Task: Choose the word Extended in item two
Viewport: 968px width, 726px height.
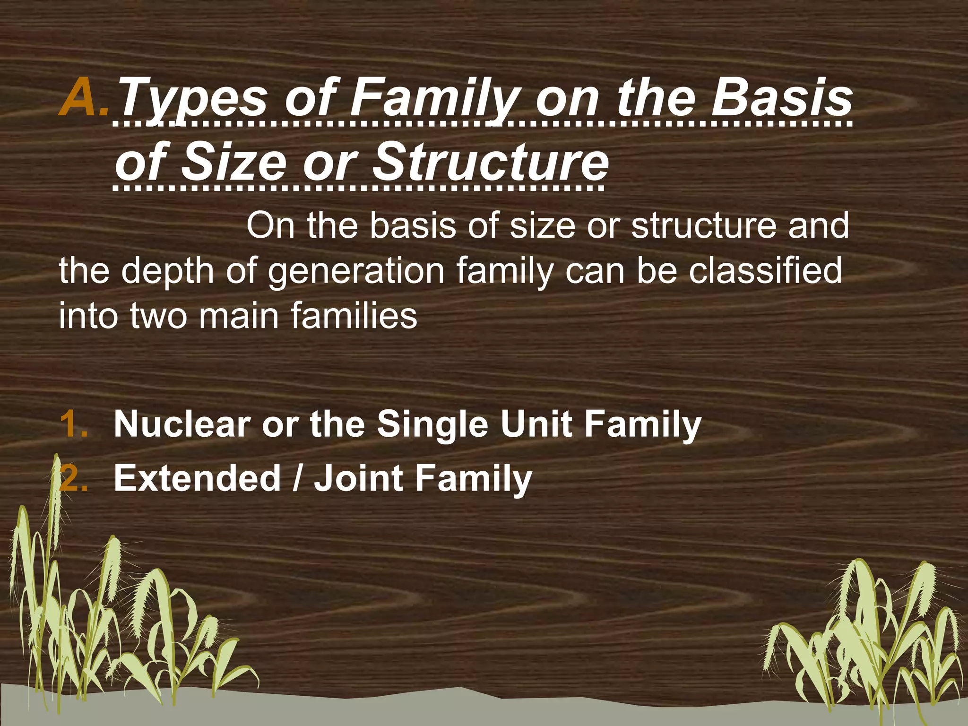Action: [x=198, y=478]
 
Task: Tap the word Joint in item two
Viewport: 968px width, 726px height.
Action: [x=358, y=478]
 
